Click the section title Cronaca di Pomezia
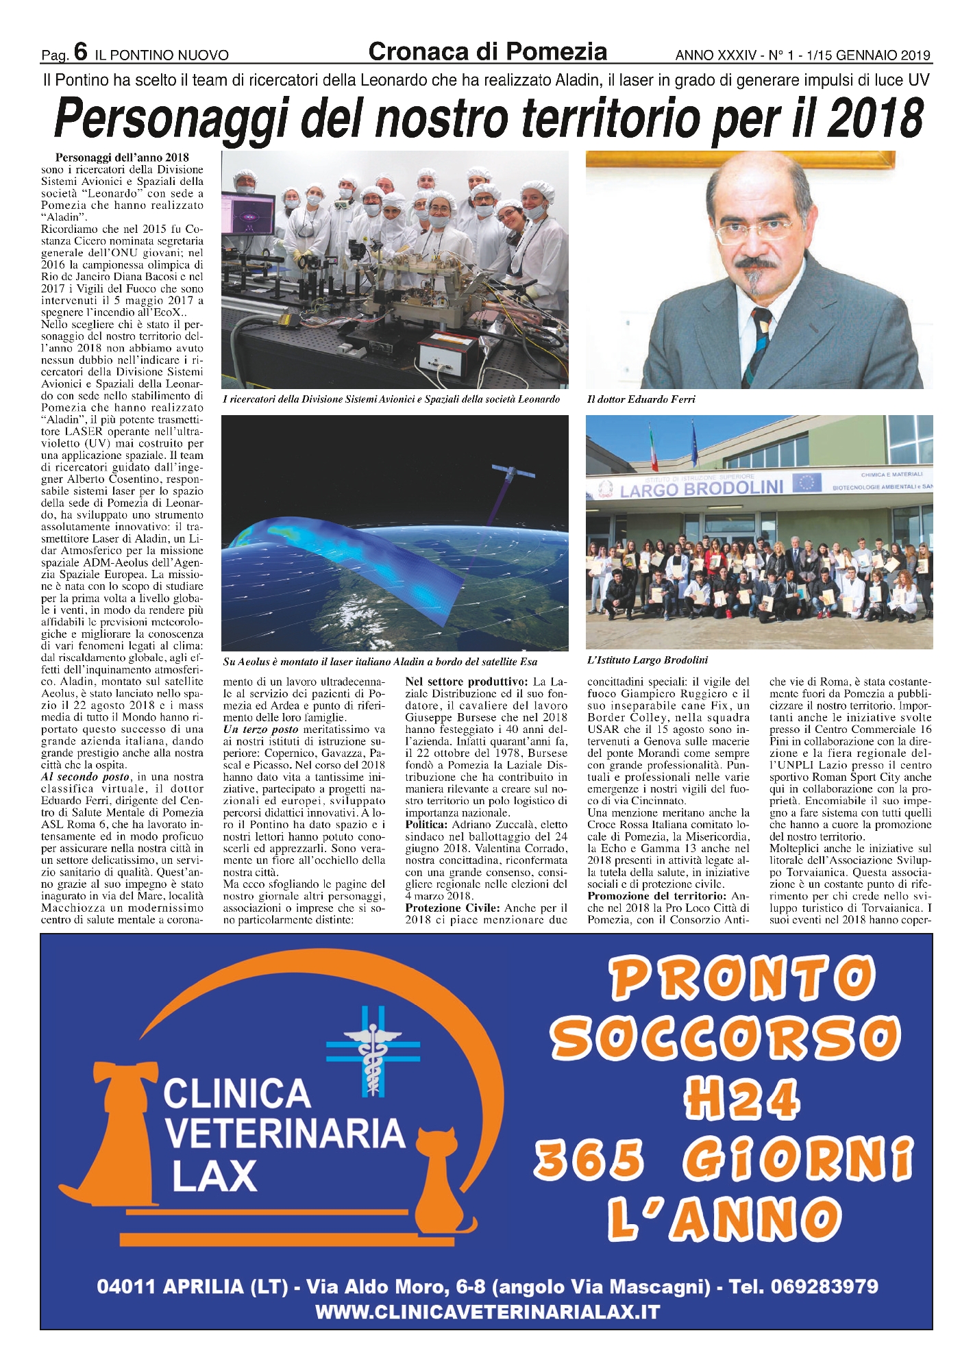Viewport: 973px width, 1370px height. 487,51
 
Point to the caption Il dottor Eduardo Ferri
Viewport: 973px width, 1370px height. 641,399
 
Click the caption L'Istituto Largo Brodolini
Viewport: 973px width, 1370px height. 648,660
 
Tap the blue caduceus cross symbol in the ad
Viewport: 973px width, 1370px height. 373,1048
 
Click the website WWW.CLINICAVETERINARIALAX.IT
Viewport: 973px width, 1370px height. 487,1312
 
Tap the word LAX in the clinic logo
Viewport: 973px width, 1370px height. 214,1175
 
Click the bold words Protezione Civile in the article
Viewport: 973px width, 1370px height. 452,908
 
